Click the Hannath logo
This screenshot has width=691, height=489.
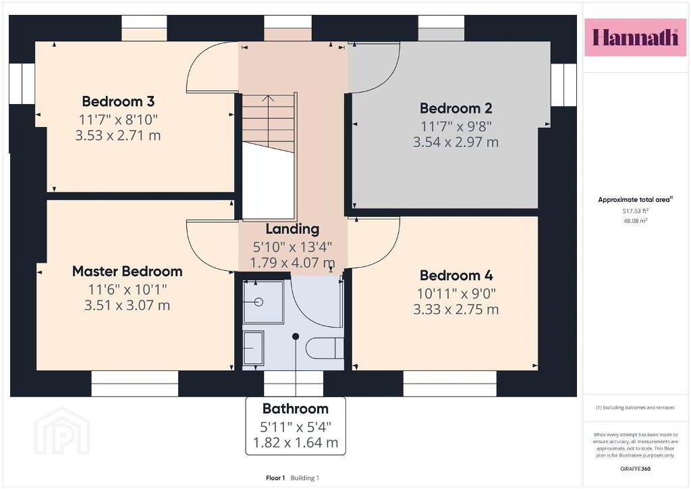click(x=635, y=37)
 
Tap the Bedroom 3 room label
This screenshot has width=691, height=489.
click(x=118, y=101)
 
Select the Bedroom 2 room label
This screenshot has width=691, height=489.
click(x=455, y=108)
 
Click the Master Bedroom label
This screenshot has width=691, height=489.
click(x=128, y=271)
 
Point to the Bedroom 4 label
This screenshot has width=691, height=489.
click(x=456, y=276)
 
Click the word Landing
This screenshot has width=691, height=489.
click(x=292, y=229)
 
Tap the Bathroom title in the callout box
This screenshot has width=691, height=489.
click(x=296, y=409)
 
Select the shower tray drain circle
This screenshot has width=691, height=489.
click(x=258, y=302)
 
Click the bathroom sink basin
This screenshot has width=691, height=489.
click(x=254, y=348)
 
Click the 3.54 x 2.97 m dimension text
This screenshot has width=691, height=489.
click(x=455, y=142)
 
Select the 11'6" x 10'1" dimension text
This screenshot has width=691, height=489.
click(x=128, y=289)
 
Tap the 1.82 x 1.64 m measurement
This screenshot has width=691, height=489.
click(x=296, y=442)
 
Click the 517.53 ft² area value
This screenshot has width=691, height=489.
click(x=635, y=211)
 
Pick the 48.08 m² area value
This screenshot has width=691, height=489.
click(x=635, y=221)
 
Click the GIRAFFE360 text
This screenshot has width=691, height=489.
click(x=635, y=469)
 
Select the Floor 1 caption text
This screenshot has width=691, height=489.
click(x=275, y=478)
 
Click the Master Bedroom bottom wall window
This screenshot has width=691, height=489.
click(x=135, y=384)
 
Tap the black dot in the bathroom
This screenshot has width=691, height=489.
click(x=296, y=336)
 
